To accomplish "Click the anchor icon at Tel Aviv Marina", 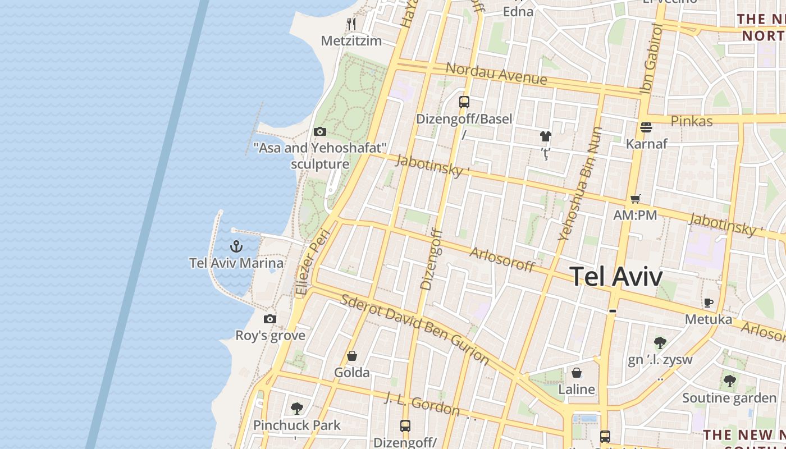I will coord(236,246).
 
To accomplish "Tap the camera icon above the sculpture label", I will coord(320,131).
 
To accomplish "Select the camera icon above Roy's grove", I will coord(270,319).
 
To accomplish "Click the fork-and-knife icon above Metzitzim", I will coord(351,24).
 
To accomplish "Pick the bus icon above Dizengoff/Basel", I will coord(464,102).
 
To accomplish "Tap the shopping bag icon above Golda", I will coord(352,356).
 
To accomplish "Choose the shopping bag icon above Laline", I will coord(576,373).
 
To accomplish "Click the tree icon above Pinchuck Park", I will coord(297,408).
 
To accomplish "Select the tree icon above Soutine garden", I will coord(729,381).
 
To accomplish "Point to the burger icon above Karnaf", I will coord(646,127).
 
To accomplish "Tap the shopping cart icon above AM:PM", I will coord(636,199).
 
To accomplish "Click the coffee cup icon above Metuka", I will coord(709,303).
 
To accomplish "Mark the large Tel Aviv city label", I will coord(616,276).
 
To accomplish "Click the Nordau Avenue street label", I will coord(496,74).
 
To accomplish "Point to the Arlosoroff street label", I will coord(502,259).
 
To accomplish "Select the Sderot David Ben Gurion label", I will coord(415,329).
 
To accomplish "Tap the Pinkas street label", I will coord(692,121).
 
